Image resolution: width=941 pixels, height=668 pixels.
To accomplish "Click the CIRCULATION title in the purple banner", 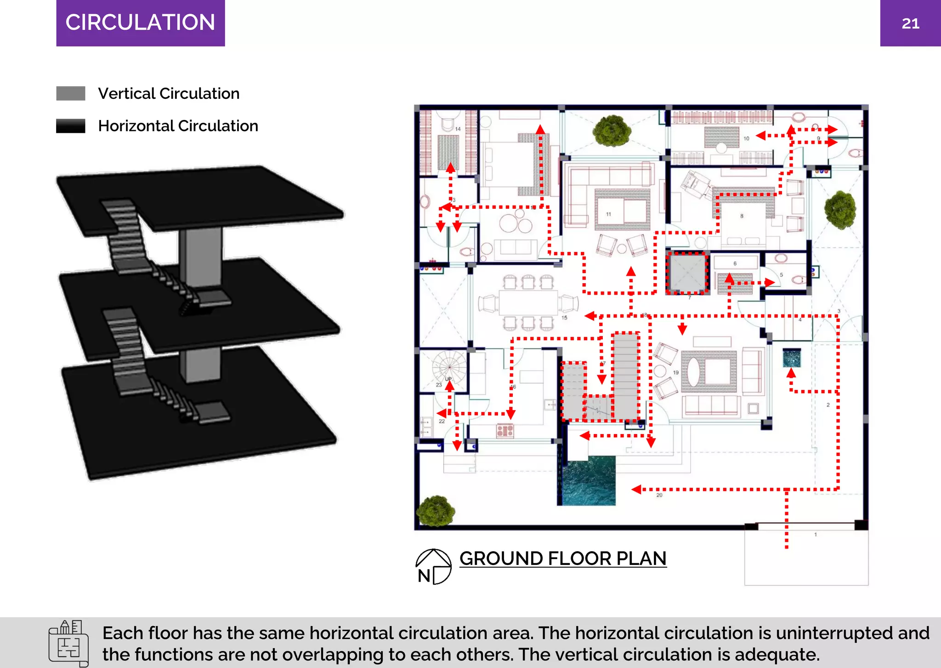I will (x=140, y=23).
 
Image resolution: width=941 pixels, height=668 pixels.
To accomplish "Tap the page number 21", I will (x=910, y=23).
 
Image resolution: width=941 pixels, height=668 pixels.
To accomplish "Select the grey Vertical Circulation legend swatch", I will (x=71, y=93).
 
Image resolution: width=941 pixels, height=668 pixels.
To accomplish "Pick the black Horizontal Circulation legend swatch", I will (x=71, y=126).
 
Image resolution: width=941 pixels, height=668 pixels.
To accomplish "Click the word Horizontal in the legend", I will (x=136, y=126).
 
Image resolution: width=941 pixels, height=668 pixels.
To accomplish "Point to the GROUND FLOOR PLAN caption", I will (x=563, y=559).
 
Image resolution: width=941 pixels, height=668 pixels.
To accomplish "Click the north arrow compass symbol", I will (x=433, y=566).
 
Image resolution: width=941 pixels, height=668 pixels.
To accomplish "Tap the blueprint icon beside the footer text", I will (x=68, y=643).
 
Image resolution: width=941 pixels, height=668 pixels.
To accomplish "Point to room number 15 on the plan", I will (x=564, y=318).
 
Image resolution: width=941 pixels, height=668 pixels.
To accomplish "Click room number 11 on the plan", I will (x=608, y=214).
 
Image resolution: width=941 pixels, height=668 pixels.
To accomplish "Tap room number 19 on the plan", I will (x=676, y=372).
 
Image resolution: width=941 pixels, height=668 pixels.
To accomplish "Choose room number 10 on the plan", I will (x=746, y=138).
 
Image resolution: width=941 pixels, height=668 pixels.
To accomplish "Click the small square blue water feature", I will (x=792, y=357).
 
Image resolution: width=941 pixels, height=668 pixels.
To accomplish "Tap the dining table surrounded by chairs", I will (x=528, y=303).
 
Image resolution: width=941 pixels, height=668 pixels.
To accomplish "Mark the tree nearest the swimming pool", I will (x=435, y=510).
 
